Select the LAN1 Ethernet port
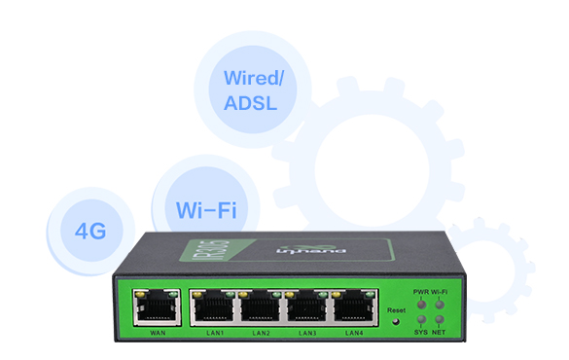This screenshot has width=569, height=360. click(x=213, y=308)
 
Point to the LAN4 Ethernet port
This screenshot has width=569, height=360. click(x=353, y=308)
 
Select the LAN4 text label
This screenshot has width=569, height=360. click(x=353, y=334)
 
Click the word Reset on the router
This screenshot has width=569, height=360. click(x=396, y=310)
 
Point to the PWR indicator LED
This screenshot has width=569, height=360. click(x=420, y=304)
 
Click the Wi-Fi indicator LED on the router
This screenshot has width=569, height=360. click(x=439, y=304)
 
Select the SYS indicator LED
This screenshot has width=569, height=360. click(x=420, y=319)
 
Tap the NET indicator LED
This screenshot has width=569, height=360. click(x=439, y=319)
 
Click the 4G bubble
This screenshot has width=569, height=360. click(x=89, y=231)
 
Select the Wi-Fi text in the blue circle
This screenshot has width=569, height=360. click(x=205, y=209)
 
